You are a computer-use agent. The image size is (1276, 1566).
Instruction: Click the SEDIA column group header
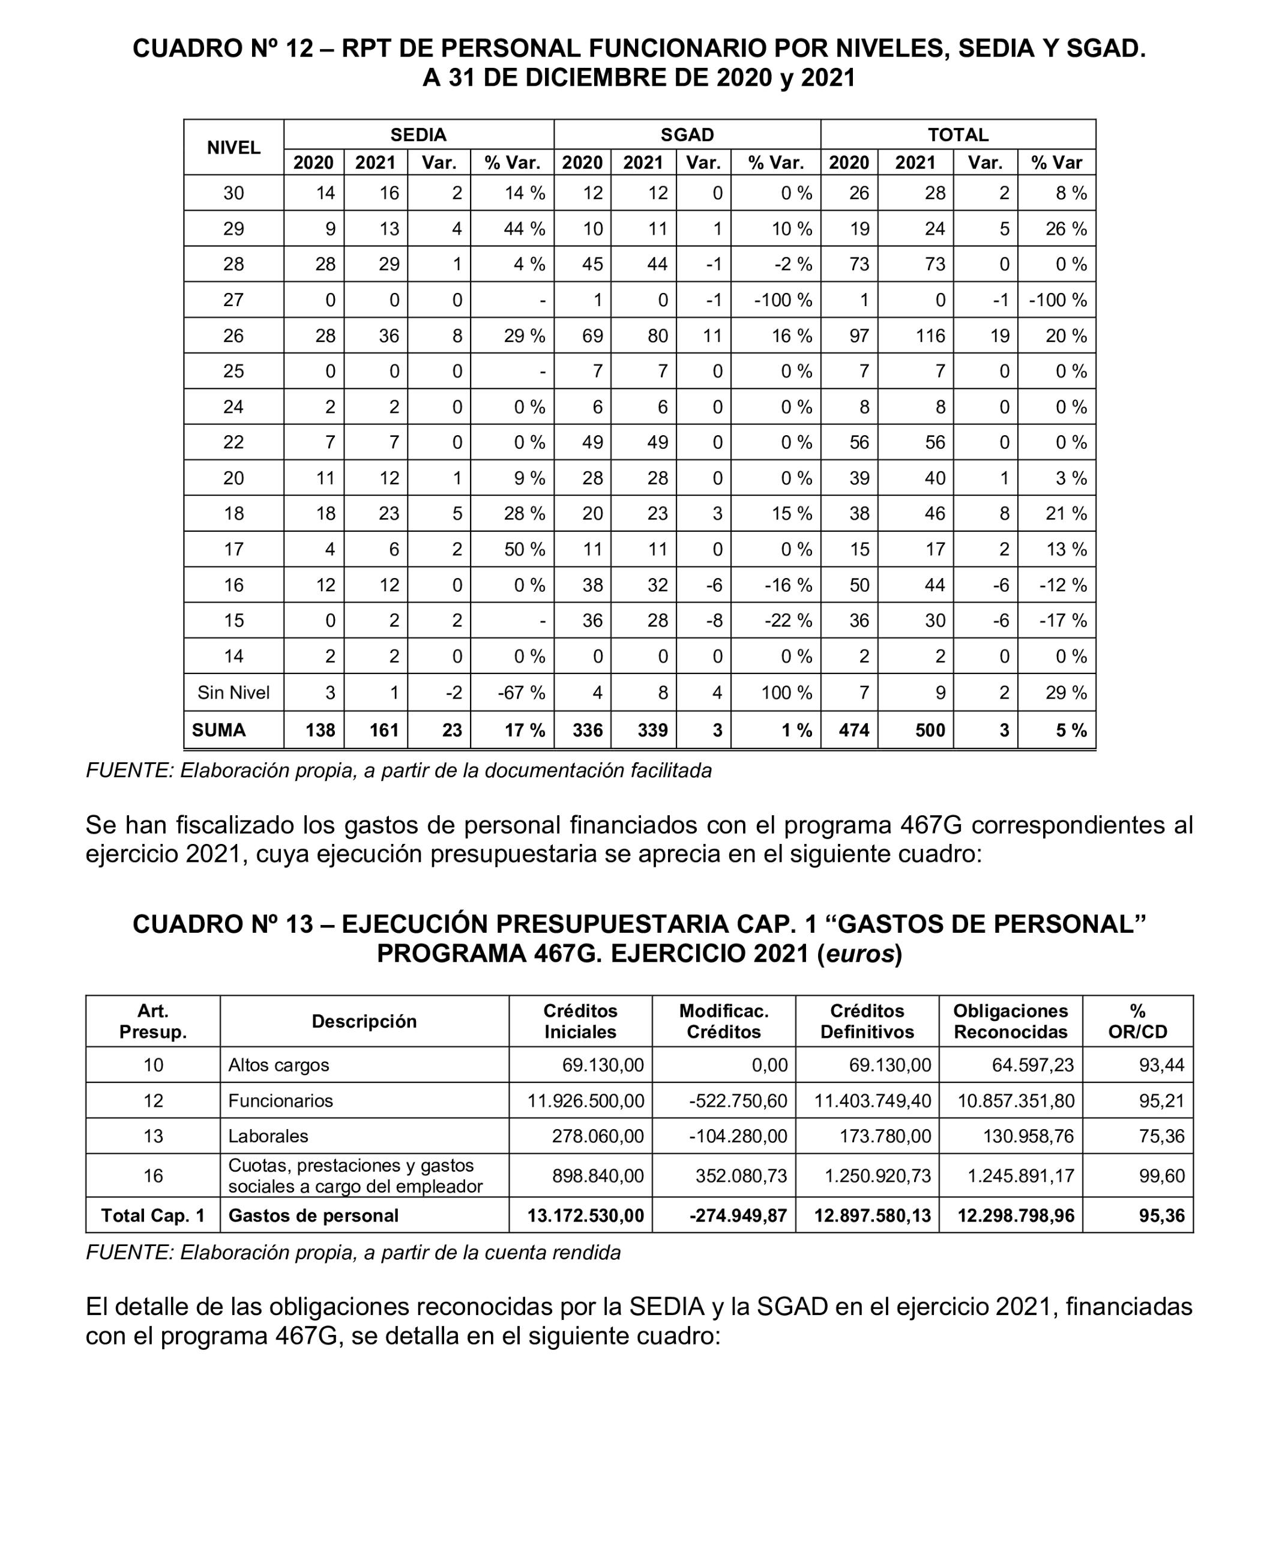tap(418, 134)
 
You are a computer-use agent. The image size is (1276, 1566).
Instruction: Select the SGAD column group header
tap(687, 134)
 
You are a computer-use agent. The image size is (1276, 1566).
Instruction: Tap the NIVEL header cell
tap(233, 148)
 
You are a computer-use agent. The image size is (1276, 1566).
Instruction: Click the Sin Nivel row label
tap(233, 692)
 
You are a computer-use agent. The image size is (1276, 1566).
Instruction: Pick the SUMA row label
tap(218, 730)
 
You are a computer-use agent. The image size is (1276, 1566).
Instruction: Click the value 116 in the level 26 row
tap(930, 336)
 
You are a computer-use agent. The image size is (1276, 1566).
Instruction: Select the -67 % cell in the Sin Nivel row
tap(524, 692)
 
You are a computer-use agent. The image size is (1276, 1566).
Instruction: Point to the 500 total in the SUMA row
tap(930, 730)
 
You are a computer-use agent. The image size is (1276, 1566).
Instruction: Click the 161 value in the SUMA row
tap(384, 730)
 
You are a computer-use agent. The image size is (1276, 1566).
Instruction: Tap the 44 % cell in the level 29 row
tap(524, 229)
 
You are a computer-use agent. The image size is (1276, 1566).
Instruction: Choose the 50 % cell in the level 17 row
tap(524, 550)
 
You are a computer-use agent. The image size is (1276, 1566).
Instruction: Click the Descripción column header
tap(364, 1022)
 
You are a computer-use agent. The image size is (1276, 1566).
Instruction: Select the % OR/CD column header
tap(1137, 1022)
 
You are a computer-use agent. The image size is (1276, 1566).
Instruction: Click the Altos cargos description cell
tap(278, 1065)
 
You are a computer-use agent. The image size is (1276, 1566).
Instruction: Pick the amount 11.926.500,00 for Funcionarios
tap(586, 1101)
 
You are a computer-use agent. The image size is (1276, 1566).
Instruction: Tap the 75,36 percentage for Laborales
tap(1162, 1136)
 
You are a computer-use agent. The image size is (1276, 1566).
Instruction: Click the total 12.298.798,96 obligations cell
tap(1015, 1215)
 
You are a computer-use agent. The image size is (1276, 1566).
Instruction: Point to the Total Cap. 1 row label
tap(153, 1215)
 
